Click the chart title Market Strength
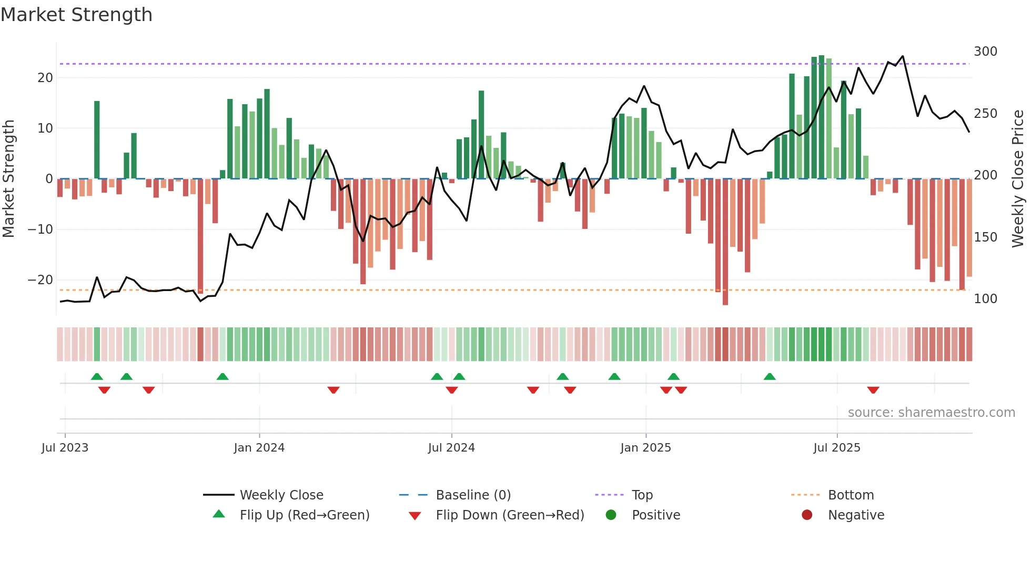pyautogui.click(x=76, y=15)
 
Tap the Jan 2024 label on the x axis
pyautogui.click(x=259, y=448)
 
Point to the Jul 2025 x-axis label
pyautogui.click(x=836, y=448)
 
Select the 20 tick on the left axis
pyautogui.click(x=45, y=78)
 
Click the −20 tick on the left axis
pyautogui.click(x=41, y=280)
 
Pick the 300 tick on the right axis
pyautogui.click(x=985, y=52)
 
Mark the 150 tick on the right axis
pyautogui.click(x=985, y=237)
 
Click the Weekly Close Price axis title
pyautogui.click(x=1018, y=179)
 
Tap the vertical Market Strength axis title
pyautogui.click(x=8, y=179)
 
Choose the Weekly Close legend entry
pyautogui.click(x=281, y=495)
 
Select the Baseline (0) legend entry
pyautogui.click(x=473, y=495)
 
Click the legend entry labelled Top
pyautogui.click(x=642, y=495)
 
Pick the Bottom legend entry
pyautogui.click(x=851, y=495)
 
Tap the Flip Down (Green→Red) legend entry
pyautogui.click(x=510, y=515)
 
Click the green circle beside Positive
pyautogui.click(x=611, y=515)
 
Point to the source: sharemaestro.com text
pyautogui.click(x=931, y=413)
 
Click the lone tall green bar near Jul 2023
pyautogui.click(x=97, y=139)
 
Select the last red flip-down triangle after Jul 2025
pyautogui.click(x=873, y=390)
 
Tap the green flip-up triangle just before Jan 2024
pyautogui.click(x=223, y=376)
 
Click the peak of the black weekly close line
pyautogui.click(x=903, y=56)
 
